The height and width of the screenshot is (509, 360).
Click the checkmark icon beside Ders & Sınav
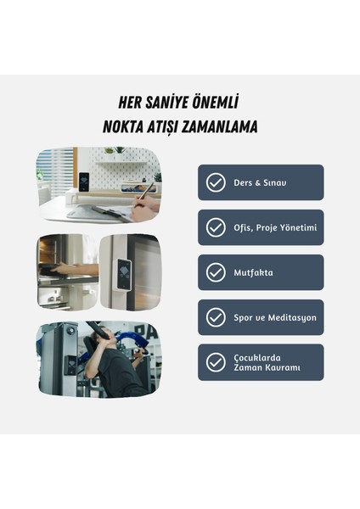coord(217,182)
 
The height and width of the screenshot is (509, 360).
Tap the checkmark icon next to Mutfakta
coord(217,272)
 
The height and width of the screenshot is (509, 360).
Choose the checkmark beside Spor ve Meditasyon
coord(217,317)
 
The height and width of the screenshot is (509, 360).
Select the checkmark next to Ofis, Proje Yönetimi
coord(217,227)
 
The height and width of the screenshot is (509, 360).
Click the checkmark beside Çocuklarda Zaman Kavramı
coord(217,362)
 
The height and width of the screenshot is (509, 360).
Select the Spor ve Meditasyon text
coord(274,317)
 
